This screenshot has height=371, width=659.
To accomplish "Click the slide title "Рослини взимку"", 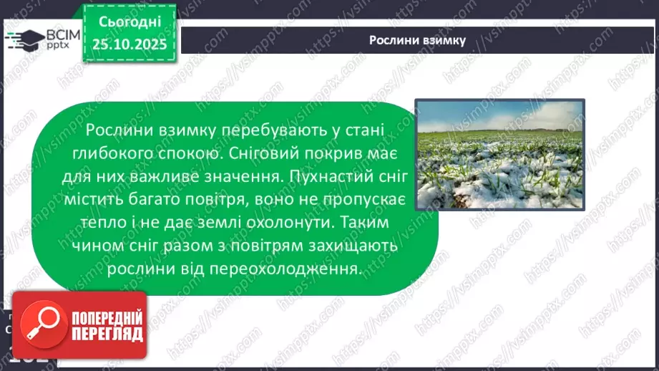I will point(417,40).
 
